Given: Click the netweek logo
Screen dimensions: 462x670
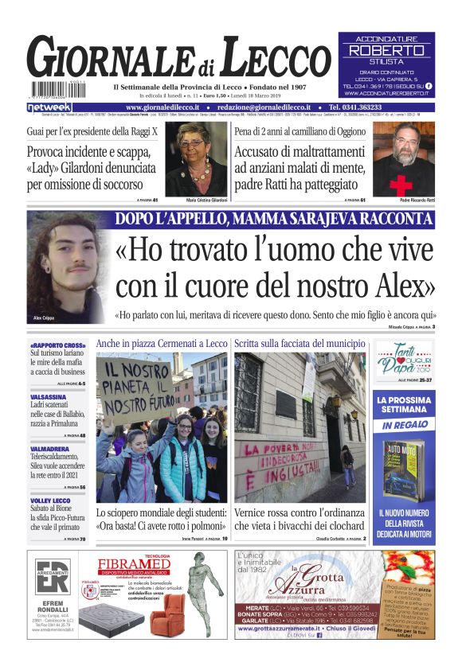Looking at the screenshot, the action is click(x=49, y=107).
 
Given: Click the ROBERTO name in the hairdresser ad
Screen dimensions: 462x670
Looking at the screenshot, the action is click(x=387, y=49).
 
